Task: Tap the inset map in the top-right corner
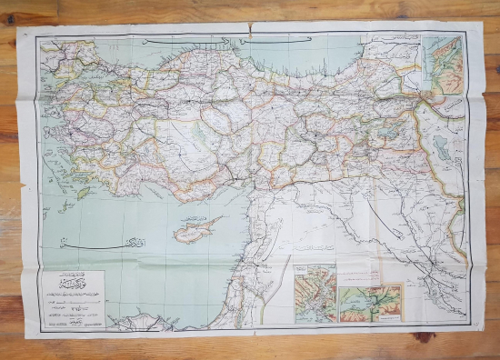tap(443, 65)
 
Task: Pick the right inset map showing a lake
tap(371, 302)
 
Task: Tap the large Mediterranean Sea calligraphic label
tap(86, 245)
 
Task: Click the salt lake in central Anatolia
tap(200, 132)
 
